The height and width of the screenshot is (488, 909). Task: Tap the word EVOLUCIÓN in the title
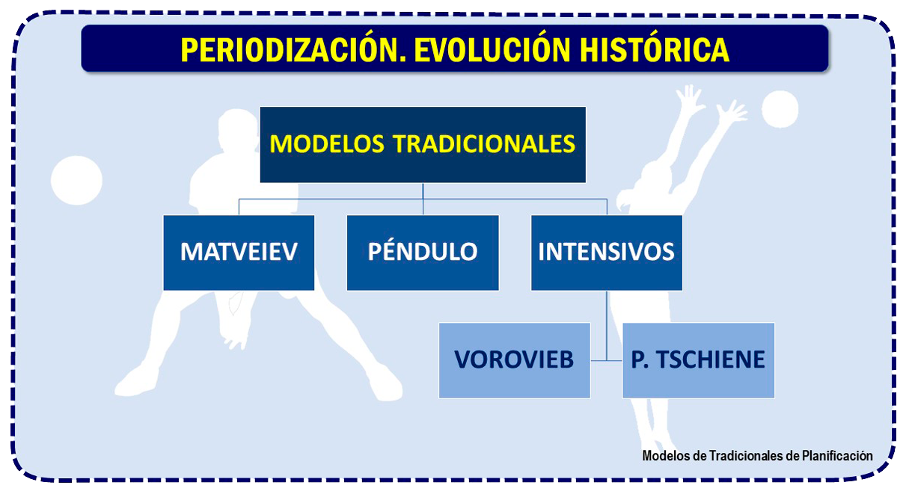point(492,49)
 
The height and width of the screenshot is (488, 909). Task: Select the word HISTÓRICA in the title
point(654,49)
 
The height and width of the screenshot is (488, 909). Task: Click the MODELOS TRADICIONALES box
point(423,145)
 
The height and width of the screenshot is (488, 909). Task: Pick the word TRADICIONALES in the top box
point(485,144)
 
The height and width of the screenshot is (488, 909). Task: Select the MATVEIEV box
point(239,253)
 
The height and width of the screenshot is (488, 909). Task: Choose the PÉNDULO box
point(423,253)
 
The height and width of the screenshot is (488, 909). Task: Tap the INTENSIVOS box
point(607,253)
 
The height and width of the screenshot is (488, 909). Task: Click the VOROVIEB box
point(515,360)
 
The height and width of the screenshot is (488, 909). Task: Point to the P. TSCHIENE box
point(698,360)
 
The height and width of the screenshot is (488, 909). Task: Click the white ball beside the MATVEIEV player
point(77,180)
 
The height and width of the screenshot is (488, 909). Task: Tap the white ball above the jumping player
point(780,109)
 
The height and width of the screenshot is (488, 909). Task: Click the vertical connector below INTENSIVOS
point(607,326)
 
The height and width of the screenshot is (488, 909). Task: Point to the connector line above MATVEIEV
point(239,207)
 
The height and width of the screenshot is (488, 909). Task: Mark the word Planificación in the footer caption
point(837,456)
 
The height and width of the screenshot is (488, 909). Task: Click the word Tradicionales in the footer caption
point(745,456)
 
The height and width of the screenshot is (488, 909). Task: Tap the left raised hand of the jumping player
point(688,99)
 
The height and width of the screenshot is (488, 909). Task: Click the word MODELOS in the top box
point(327,144)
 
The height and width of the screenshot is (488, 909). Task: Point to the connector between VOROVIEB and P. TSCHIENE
point(607,360)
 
